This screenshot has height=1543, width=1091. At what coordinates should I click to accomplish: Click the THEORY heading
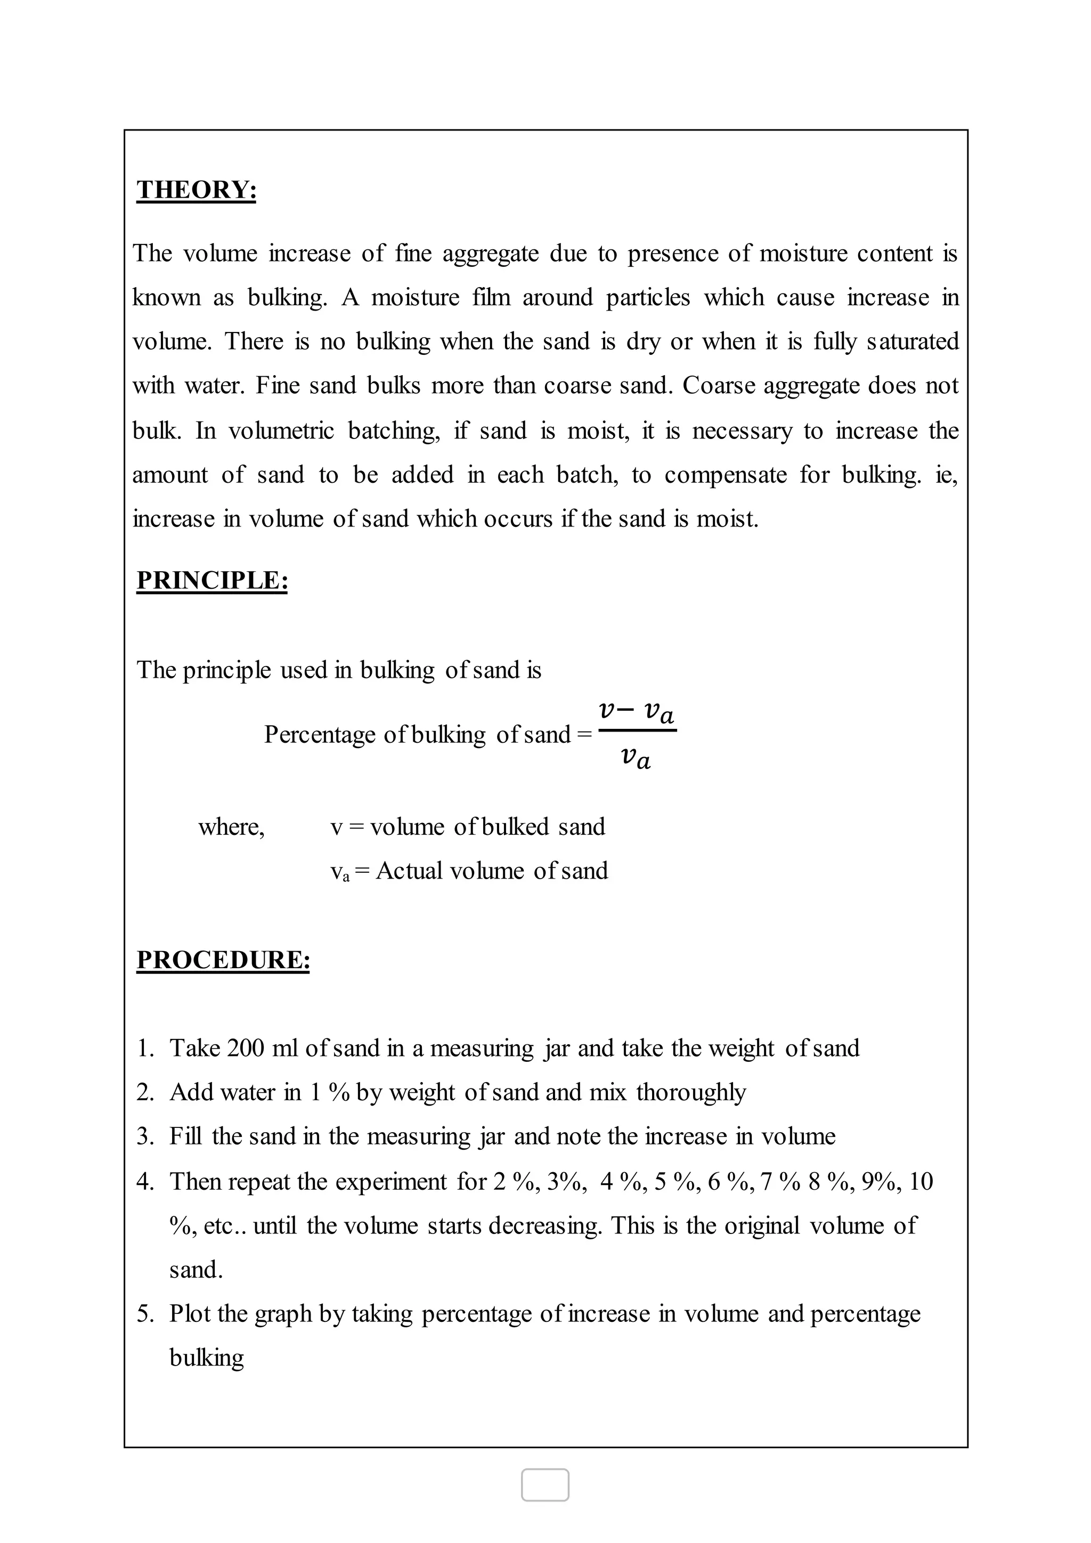(196, 190)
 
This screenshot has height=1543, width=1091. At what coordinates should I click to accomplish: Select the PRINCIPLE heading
(213, 581)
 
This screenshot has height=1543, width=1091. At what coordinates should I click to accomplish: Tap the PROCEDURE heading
(223, 960)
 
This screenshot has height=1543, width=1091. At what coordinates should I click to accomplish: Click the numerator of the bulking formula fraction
(636, 711)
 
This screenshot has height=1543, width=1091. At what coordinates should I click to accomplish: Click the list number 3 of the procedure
(145, 1136)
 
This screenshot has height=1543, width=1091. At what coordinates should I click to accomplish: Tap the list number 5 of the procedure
(145, 1313)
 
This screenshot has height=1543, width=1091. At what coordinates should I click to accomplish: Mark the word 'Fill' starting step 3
(185, 1136)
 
